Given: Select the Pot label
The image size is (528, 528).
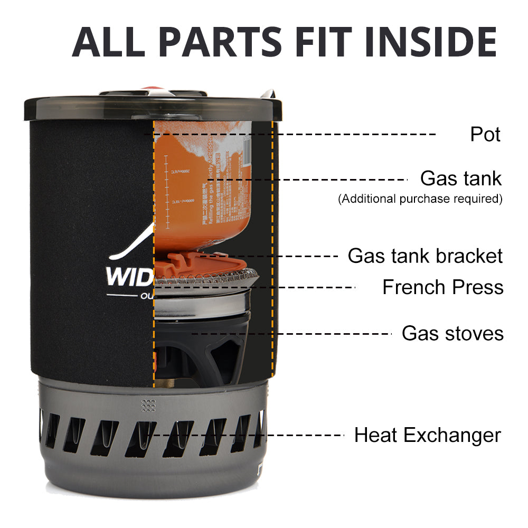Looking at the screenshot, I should (x=485, y=134).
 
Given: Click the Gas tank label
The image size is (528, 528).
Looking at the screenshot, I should (x=460, y=178).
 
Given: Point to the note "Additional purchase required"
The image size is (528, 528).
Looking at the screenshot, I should (x=420, y=199).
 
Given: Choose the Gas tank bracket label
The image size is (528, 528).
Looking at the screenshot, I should (x=425, y=256).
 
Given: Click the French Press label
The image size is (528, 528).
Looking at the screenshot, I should (x=442, y=287).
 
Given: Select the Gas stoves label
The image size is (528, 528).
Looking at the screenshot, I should (x=452, y=334).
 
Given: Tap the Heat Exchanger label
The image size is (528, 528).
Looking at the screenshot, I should (x=427, y=436).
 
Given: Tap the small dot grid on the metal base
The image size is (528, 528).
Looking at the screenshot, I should (x=148, y=405).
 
